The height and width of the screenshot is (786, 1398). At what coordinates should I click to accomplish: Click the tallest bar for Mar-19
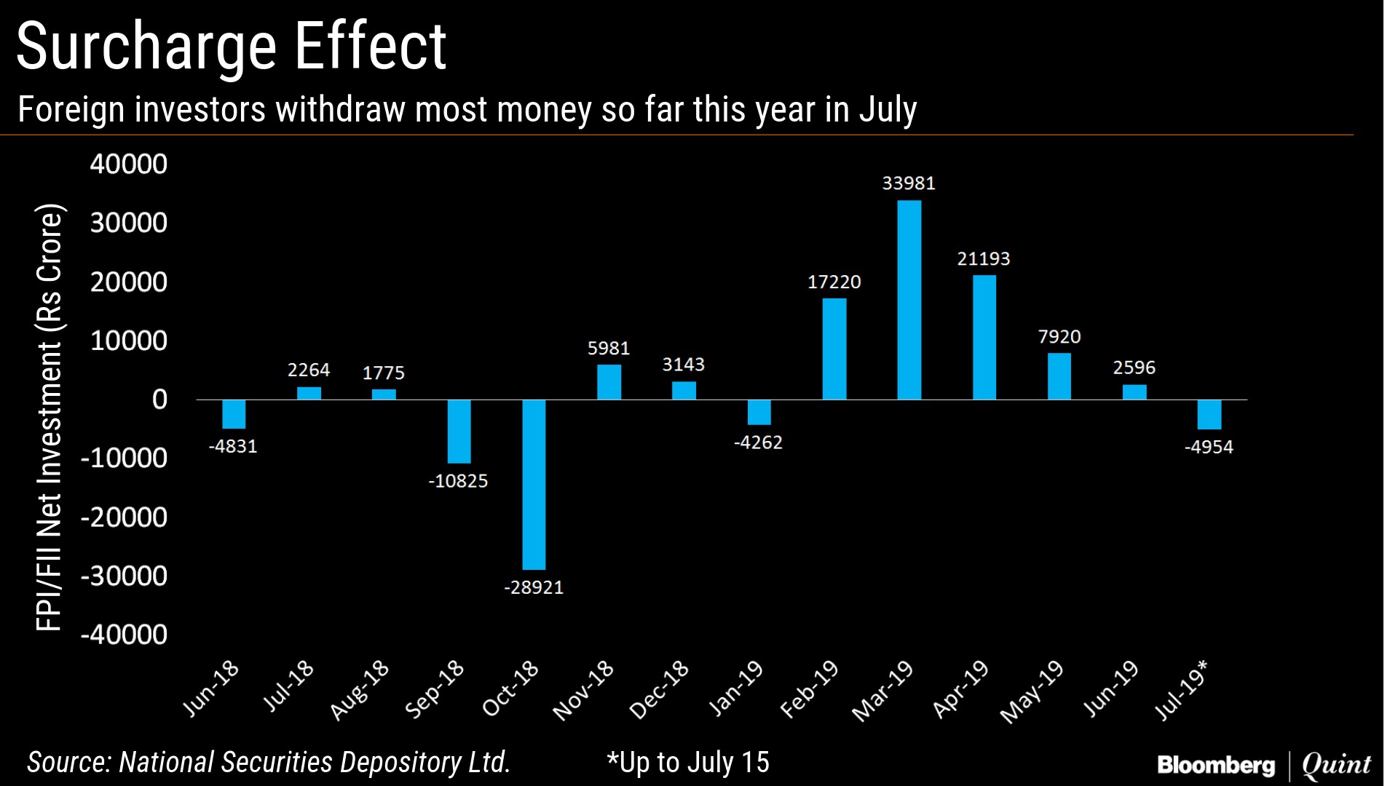pyautogui.click(x=909, y=300)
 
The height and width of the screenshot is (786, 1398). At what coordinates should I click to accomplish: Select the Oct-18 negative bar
pyautogui.click(x=534, y=484)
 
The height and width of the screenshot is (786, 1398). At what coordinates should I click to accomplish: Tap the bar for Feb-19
pyautogui.click(x=834, y=349)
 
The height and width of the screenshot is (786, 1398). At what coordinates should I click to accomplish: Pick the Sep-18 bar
pyautogui.click(x=459, y=431)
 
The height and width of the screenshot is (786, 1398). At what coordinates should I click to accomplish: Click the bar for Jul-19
pyautogui.click(x=1209, y=414)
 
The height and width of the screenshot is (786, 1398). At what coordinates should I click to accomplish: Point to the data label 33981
pyautogui.click(x=909, y=183)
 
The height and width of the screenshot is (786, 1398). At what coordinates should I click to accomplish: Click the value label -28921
pyautogui.click(x=534, y=587)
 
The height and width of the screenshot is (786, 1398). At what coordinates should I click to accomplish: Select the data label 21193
pyautogui.click(x=984, y=259)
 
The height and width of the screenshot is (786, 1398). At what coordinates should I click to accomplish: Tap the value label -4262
pyautogui.click(x=758, y=442)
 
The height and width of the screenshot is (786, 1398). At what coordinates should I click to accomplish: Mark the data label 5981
pyautogui.click(x=609, y=349)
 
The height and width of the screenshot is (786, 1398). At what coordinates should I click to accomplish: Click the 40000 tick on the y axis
pyautogui.click(x=129, y=164)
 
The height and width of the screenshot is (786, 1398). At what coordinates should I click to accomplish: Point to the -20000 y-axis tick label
pyautogui.click(x=124, y=517)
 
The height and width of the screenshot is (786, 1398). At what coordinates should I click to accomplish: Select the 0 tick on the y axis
pyautogui.click(x=159, y=400)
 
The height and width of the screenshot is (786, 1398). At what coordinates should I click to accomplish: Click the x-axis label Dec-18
pyautogui.click(x=660, y=690)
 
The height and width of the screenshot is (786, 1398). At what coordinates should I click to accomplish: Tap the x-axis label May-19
pyautogui.click(x=1032, y=692)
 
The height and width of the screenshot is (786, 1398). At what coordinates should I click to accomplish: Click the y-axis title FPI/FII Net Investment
pyautogui.click(x=50, y=418)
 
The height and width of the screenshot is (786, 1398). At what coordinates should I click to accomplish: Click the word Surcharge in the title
pyautogui.click(x=146, y=47)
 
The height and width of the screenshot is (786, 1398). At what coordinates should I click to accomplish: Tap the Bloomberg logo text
pyautogui.click(x=1216, y=765)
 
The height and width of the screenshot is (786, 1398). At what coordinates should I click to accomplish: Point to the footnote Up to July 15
pyautogui.click(x=687, y=762)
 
